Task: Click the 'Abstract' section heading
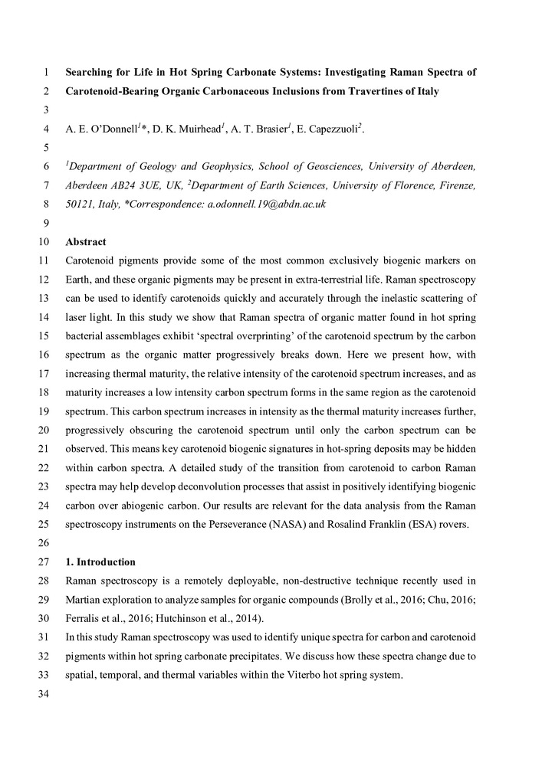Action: (x=86, y=241)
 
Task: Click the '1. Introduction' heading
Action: (x=100, y=561)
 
